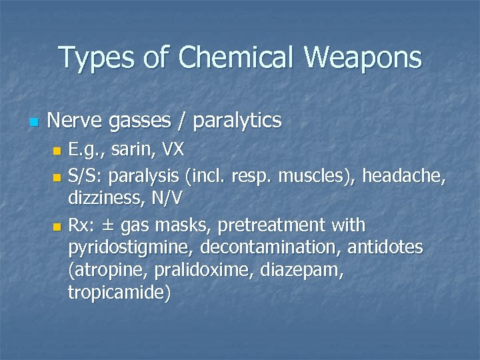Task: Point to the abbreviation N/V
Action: pyautogui.click(x=171, y=198)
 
